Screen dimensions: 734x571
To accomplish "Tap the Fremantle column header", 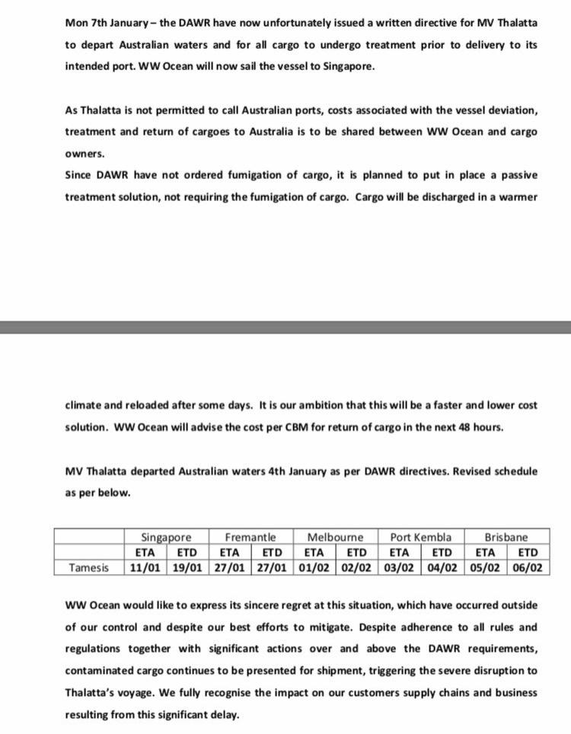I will tap(250, 538).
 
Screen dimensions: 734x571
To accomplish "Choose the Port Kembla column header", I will tap(421, 538).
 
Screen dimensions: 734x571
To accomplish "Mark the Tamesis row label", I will tap(89, 567).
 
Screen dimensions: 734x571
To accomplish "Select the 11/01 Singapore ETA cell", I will tap(145, 567).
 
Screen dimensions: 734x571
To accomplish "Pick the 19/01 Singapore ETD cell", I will tap(187, 567).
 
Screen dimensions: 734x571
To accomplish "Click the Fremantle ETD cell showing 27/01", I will tap(271, 567).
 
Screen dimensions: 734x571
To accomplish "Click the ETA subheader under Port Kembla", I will tap(400, 553).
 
